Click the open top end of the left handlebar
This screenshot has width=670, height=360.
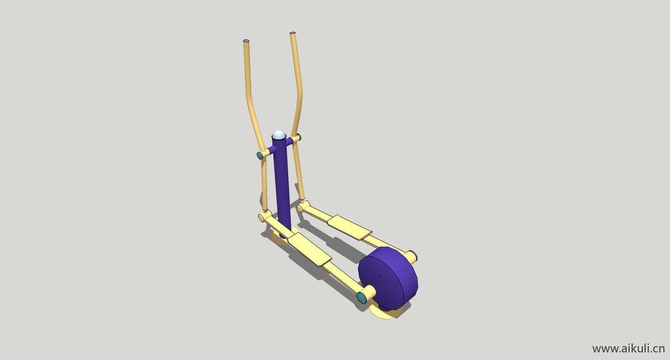click(246, 41)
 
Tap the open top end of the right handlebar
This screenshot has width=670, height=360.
click(293, 33)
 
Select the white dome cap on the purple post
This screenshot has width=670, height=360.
click(279, 135)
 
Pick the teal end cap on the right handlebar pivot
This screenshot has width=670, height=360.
click(299, 137)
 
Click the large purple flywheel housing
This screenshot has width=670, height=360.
click(388, 279)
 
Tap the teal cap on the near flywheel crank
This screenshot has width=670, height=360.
click(362, 298)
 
